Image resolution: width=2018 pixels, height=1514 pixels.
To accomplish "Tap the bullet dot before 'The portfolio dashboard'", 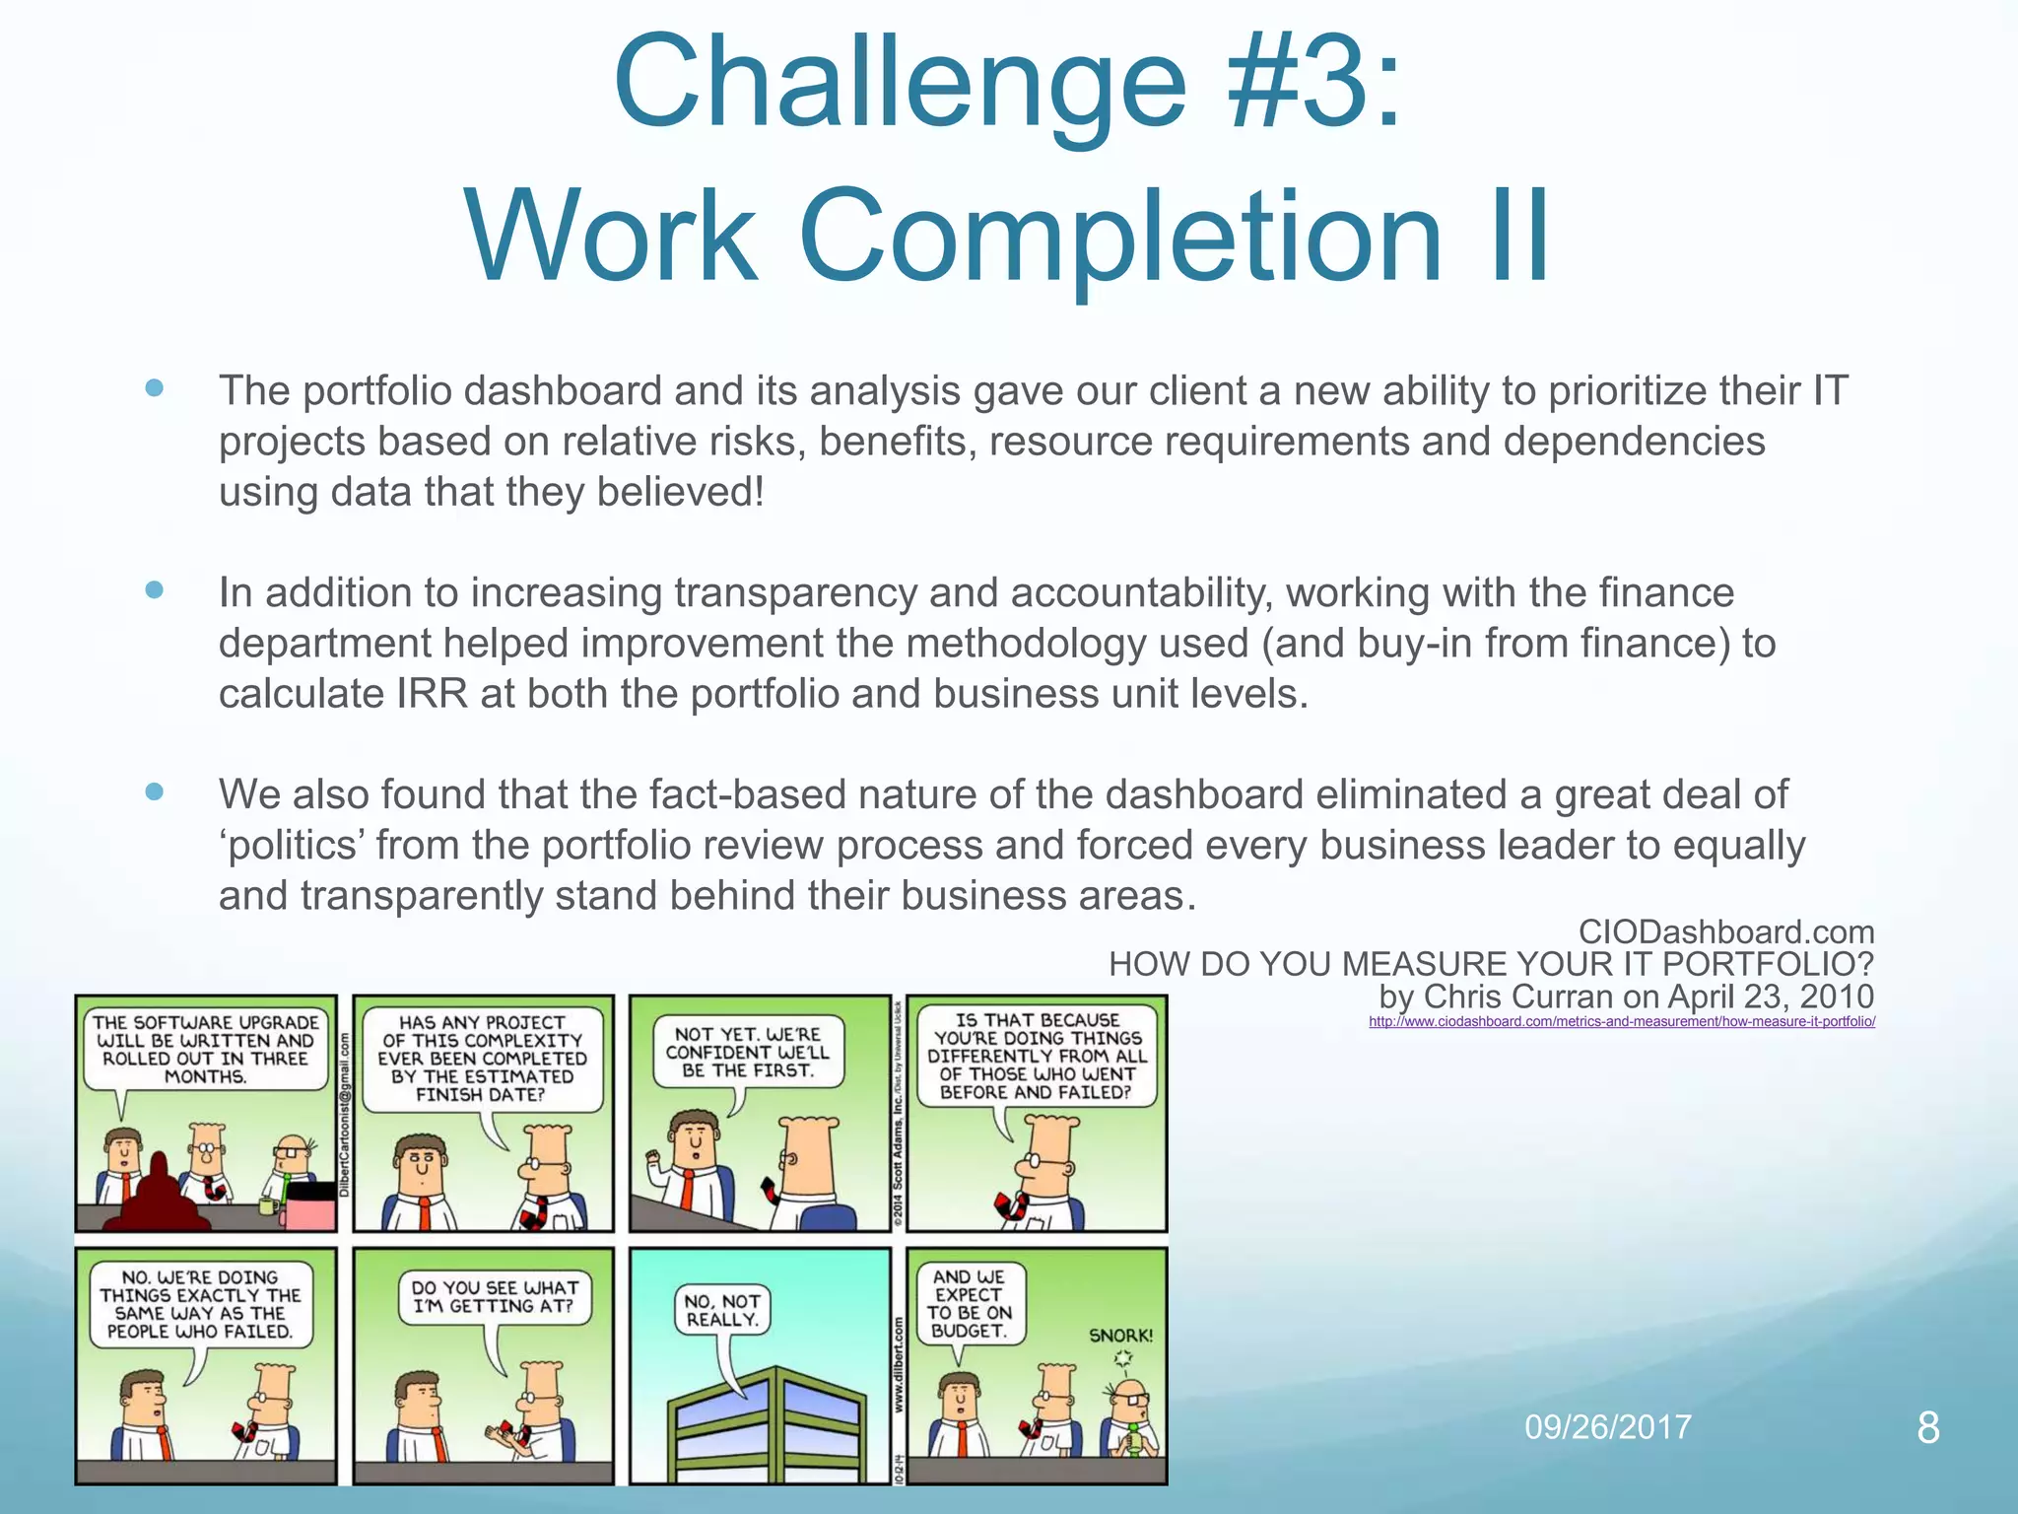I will [x=154, y=387].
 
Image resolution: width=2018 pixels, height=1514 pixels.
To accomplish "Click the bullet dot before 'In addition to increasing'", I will [x=154, y=589].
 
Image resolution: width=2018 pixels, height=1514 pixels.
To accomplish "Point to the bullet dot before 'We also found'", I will [x=154, y=791].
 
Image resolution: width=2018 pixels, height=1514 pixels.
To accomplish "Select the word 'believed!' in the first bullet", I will [x=679, y=492].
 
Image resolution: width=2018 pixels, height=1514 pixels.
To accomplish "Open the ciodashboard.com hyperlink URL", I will [x=1621, y=1022].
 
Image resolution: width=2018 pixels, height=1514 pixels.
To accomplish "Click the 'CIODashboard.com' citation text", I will [x=1725, y=931].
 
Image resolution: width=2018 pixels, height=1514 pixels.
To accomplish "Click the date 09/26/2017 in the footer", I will [x=1607, y=1426].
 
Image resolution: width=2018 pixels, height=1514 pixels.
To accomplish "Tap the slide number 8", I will [x=1928, y=1427].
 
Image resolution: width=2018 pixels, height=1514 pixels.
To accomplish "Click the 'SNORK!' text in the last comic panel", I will [x=1120, y=1336].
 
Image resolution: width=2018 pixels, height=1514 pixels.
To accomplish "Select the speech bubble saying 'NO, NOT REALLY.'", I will [x=722, y=1311].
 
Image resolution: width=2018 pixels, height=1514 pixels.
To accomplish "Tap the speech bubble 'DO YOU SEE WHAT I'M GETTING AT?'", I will [x=495, y=1297].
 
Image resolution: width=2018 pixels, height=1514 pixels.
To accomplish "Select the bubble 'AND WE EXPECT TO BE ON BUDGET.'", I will [x=970, y=1303].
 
